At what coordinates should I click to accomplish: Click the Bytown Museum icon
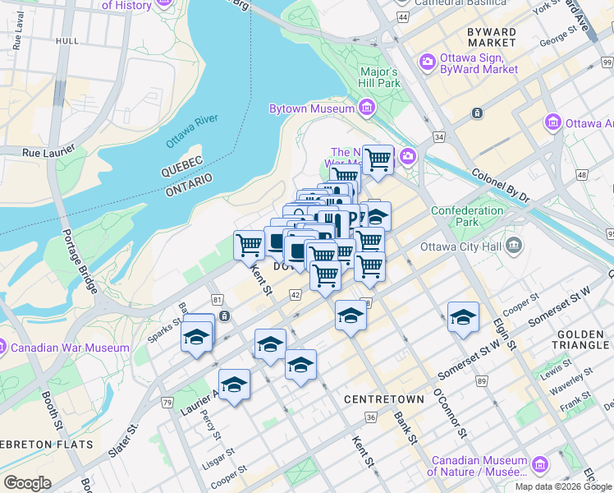click(365, 108)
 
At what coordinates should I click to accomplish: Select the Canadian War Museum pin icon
click(2, 348)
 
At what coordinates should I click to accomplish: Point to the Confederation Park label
click(467, 216)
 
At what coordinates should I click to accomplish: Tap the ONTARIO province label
click(188, 180)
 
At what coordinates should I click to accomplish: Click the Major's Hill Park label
click(379, 77)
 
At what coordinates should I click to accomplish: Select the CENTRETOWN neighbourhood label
click(384, 399)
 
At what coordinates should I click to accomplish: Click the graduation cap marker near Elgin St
click(463, 318)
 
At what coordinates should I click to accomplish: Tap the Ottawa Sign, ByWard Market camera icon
click(427, 61)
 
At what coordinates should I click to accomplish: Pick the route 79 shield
click(167, 402)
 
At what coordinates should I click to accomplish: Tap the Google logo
click(27, 482)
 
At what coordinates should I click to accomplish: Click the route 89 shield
click(482, 381)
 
